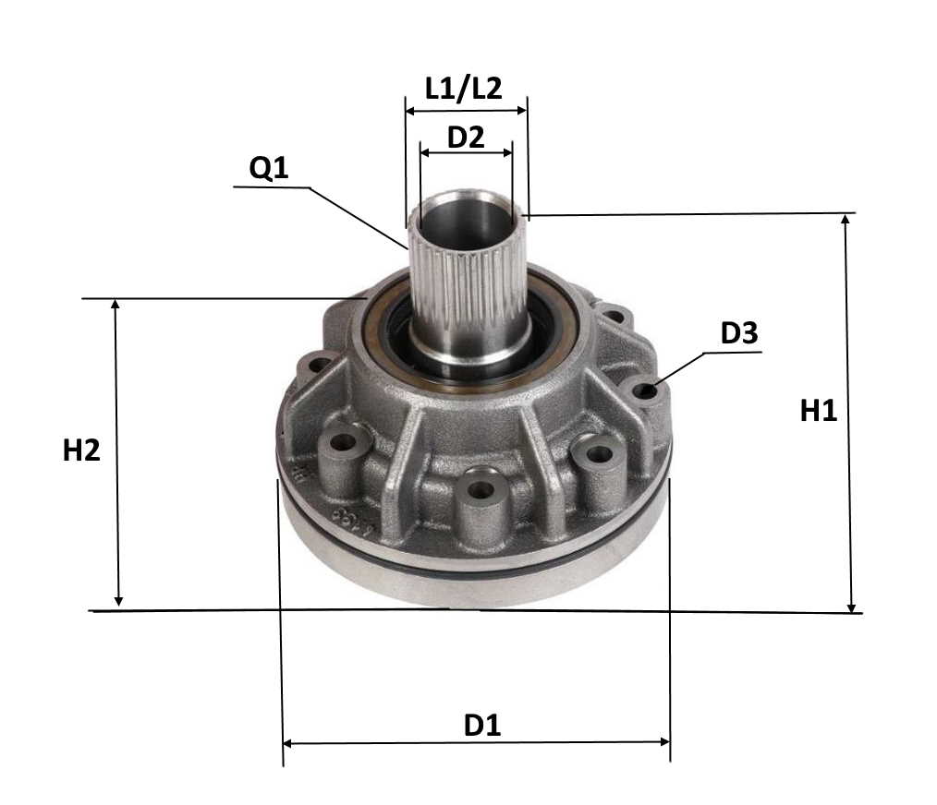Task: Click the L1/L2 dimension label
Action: coord(464,89)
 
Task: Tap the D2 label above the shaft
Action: coord(466,138)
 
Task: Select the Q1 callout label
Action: coord(269,169)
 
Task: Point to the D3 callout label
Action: coord(739,333)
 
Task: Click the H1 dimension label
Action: coord(818,411)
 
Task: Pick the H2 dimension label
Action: coord(81,451)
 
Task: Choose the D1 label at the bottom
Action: coord(482,725)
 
